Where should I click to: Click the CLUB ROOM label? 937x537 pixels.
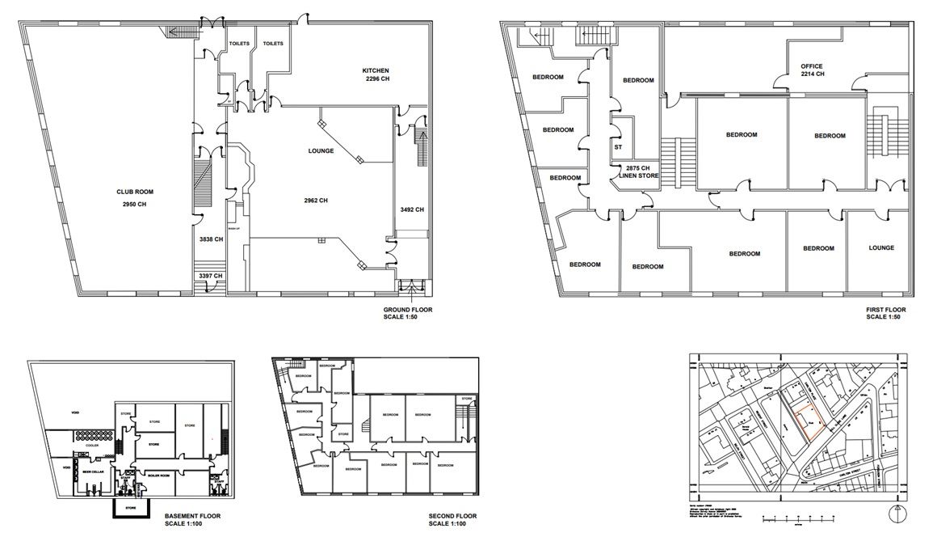[134, 192]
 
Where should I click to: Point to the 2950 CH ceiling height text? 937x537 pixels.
[134, 205]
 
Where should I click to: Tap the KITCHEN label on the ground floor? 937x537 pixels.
[376, 70]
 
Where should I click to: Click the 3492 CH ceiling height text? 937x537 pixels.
[411, 210]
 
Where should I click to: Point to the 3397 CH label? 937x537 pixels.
[210, 276]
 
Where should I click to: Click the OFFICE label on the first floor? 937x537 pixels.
[812, 66]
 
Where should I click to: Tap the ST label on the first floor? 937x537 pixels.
[618, 147]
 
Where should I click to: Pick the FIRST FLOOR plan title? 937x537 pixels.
[885, 310]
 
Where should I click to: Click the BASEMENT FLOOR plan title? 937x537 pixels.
[193, 515]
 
